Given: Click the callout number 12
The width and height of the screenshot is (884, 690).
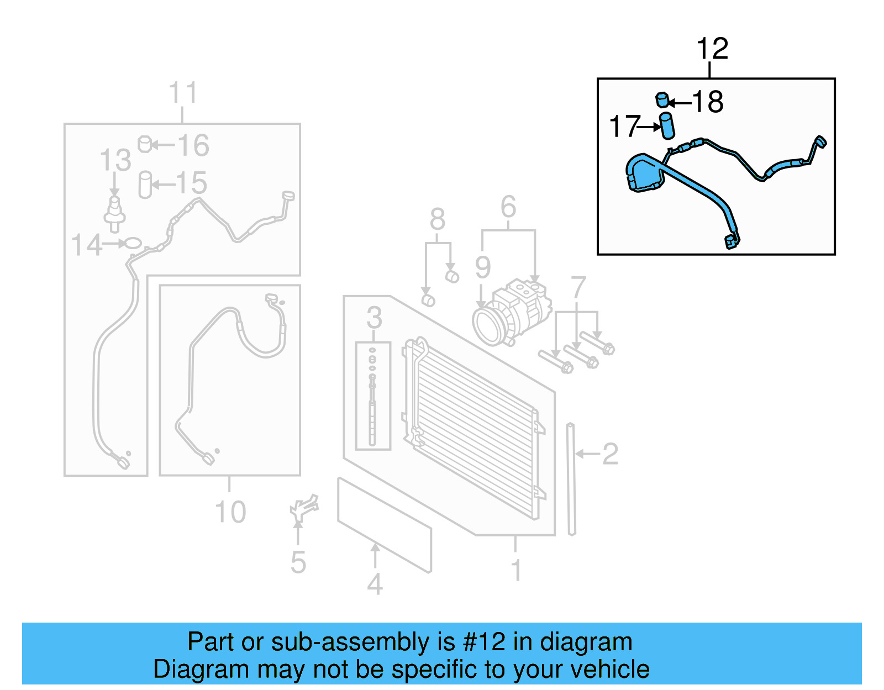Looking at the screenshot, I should coord(712,49).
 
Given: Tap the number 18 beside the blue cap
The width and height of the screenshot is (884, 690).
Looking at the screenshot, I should coord(708,102).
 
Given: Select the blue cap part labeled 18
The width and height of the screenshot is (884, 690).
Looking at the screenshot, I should coord(662,100).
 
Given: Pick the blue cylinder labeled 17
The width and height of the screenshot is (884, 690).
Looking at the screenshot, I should coord(667,125).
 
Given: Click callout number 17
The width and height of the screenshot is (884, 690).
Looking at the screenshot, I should coord(624,127).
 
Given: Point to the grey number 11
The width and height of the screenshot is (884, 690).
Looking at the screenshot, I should coord(182,93).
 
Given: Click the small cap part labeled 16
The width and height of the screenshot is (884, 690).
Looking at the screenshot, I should coord(144,144).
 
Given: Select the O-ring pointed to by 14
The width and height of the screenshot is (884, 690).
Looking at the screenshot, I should coord(133,243).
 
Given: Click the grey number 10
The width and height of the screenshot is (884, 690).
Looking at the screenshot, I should coord(230,512).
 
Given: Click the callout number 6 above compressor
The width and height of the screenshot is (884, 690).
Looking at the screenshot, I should coord(508,207).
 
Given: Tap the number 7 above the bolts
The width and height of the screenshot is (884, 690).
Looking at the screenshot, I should coord(578,287).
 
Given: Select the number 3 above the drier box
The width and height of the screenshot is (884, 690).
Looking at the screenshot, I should coord(374,318).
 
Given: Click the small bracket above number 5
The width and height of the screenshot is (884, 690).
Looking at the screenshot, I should coord(304,508).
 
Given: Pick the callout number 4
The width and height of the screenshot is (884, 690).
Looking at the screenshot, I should coord(375,584).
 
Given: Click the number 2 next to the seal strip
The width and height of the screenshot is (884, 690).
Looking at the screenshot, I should coord(610,454).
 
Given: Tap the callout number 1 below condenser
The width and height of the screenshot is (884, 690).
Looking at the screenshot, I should coord(516,570).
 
